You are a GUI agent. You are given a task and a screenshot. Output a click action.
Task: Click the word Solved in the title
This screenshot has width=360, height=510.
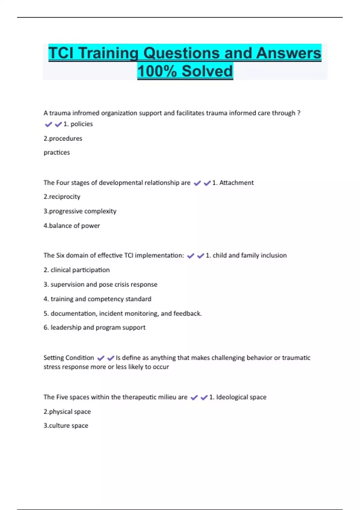point(207,71)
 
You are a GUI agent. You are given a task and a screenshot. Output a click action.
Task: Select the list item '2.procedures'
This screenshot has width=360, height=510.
point(63,139)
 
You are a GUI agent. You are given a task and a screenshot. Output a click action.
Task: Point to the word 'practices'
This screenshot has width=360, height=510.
point(57,152)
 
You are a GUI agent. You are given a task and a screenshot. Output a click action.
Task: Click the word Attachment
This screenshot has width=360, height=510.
point(236,183)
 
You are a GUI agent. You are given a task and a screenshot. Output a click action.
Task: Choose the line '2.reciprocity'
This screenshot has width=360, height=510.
point(62,197)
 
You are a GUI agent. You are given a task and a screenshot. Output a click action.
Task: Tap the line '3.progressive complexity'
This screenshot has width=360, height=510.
point(80,211)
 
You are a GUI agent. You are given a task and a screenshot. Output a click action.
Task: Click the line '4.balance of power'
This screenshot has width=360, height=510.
point(72,226)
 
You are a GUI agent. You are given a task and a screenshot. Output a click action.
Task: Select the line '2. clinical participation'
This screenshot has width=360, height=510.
point(76,270)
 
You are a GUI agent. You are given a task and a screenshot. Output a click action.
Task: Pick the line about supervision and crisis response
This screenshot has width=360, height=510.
point(100,284)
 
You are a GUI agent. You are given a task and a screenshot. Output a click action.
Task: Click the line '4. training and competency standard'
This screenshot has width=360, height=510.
point(97,299)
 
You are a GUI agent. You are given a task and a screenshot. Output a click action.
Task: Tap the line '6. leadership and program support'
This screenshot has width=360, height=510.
point(94,328)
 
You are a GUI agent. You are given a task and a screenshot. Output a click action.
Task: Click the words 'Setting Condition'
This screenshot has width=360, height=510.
point(69,358)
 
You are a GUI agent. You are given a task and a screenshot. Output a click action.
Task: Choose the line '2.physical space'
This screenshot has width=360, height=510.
point(67,412)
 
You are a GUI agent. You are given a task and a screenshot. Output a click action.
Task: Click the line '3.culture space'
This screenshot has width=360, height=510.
point(66,426)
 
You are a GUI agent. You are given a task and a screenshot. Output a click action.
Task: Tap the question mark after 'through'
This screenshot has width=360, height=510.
point(298,113)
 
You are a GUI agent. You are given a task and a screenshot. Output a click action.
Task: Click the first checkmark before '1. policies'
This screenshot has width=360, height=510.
point(48,124)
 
